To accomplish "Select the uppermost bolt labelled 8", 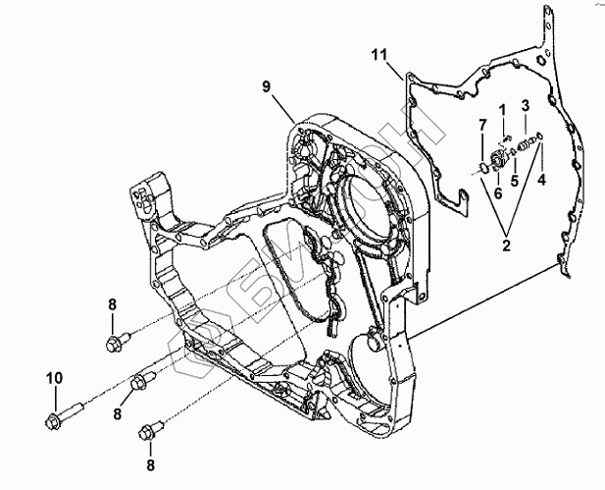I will pos(114,342).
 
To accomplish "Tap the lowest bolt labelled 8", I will pos(149,428).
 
